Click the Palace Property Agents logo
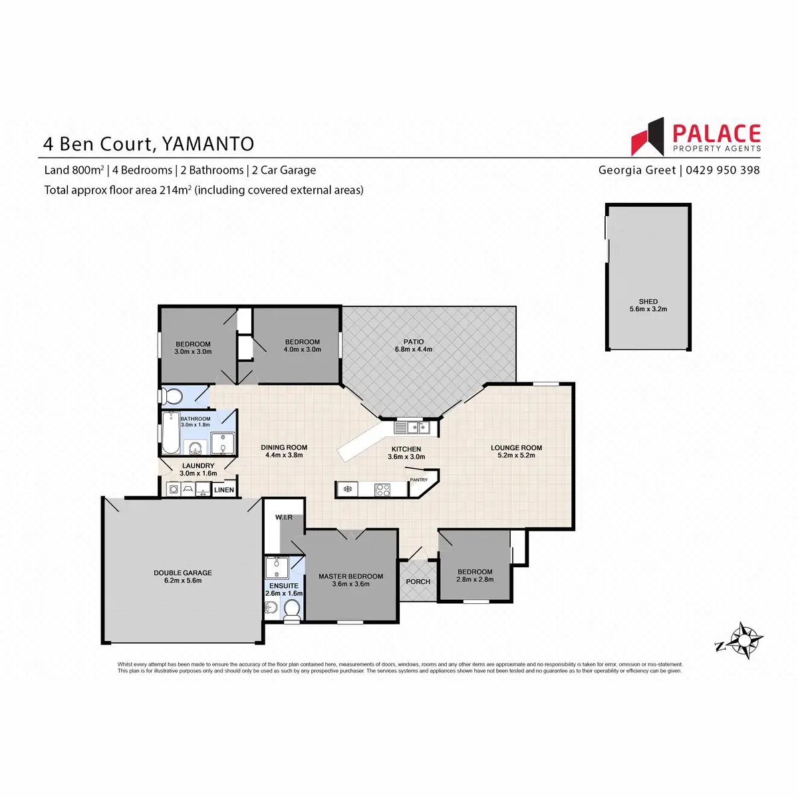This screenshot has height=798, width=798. [x=696, y=137]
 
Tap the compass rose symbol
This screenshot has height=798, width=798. [x=743, y=640]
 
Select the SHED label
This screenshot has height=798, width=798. [x=648, y=301]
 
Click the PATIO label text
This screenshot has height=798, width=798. [x=413, y=342]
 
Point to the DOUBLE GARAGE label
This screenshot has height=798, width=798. [x=183, y=573]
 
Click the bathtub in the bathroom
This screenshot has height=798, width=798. [x=170, y=432]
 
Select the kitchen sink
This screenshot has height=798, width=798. [x=412, y=427]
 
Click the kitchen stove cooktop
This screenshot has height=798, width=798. [x=382, y=490]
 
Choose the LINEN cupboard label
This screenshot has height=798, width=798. [x=224, y=490]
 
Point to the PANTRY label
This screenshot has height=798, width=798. [x=419, y=480]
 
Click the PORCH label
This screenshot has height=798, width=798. [x=418, y=581]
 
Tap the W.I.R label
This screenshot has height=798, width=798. [x=284, y=517]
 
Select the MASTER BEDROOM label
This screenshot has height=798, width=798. [x=350, y=576]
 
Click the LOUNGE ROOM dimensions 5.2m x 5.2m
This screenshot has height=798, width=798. [x=516, y=455]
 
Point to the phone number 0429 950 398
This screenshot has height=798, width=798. [x=723, y=170]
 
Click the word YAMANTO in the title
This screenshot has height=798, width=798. [x=208, y=144]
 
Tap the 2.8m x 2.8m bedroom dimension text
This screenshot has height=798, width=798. [x=475, y=579]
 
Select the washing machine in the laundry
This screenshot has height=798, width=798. [x=174, y=489]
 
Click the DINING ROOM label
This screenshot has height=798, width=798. [x=284, y=448]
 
